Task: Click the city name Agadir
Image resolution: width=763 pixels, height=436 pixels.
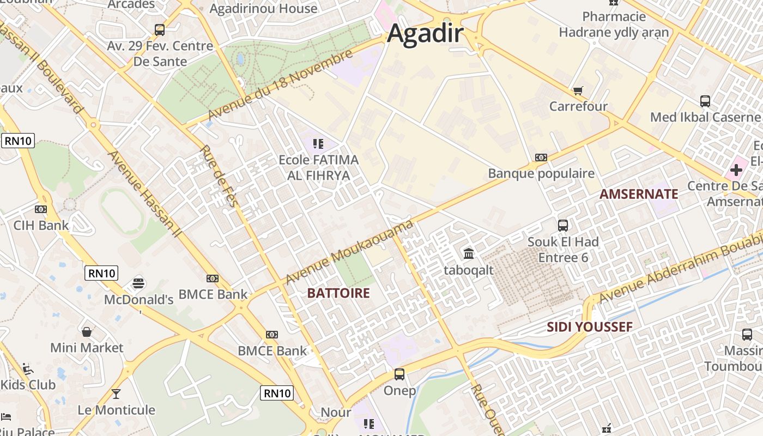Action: coord(425,34)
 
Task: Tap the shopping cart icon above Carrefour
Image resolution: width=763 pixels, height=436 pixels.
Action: coord(578,90)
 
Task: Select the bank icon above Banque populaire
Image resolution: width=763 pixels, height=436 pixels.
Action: coord(541,158)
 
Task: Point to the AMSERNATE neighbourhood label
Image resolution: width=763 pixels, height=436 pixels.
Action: coord(639,194)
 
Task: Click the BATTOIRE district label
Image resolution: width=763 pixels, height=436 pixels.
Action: coord(338,293)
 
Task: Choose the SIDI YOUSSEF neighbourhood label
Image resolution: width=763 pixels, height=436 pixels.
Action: coord(589,327)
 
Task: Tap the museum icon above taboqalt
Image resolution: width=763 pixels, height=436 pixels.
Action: coord(469,253)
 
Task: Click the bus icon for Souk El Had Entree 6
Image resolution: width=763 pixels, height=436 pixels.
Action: coord(563,225)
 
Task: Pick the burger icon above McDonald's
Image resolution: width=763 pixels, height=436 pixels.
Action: coord(138,283)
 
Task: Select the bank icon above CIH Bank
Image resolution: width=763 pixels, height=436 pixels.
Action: coord(41,209)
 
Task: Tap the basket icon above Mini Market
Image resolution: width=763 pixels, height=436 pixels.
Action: coord(87,331)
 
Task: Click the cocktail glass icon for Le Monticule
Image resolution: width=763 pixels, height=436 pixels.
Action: coord(116,393)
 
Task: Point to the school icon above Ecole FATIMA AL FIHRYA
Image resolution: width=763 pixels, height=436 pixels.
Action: coord(318,144)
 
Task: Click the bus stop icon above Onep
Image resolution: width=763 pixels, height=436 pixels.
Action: coord(399,374)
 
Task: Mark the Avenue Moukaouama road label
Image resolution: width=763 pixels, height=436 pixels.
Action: coord(349,252)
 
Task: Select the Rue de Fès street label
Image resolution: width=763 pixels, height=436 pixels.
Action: coord(220,176)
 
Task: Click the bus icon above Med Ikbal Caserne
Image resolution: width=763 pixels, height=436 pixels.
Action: coord(705,101)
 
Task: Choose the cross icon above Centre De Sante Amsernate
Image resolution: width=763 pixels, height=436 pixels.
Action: coord(736,170)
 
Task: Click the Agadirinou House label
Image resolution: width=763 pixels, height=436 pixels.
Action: coord(263,9)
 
